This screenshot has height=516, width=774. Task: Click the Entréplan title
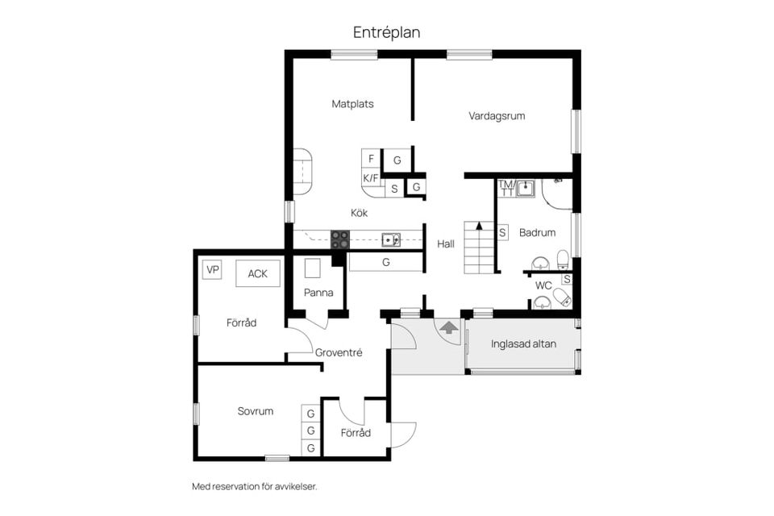click(386, 32)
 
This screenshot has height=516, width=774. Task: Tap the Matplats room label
click(352, 104)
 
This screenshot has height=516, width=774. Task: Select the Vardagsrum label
click(497, 116)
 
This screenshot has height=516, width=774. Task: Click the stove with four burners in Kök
click(340, 239)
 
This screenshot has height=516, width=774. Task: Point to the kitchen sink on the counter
click(391, 239)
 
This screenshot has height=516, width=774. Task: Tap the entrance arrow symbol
click(448, 327)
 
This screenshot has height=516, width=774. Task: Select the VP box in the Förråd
click(212, 270)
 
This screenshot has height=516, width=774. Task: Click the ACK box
click(257, 274)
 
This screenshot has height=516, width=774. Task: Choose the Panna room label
click(318, 293)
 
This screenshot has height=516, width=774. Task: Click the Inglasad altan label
click(522, 344)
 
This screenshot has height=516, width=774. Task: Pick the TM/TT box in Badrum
click(506, 188)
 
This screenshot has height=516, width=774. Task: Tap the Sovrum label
click(255, 411)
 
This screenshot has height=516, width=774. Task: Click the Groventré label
click(339, 352)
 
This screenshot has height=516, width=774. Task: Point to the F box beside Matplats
click(371, 159)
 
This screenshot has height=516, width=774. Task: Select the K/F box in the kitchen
click(371, 178)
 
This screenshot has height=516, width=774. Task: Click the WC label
click(543, 285)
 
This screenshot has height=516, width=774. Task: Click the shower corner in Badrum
click(557, 191)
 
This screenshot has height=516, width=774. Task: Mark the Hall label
click(446, 243)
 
